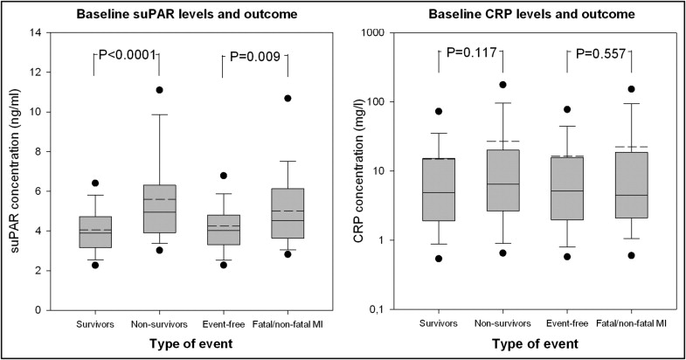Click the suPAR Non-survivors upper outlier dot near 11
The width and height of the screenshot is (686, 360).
pyautogui.click(x=159, y=90)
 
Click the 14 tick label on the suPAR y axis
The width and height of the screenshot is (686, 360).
pyautogui.click(x=36, y=33)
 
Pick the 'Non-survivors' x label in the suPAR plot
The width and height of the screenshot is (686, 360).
pyautogui.click(x=159, y=325)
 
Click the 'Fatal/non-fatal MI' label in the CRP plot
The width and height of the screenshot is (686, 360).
pyautogui.click(x=633, y=325)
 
